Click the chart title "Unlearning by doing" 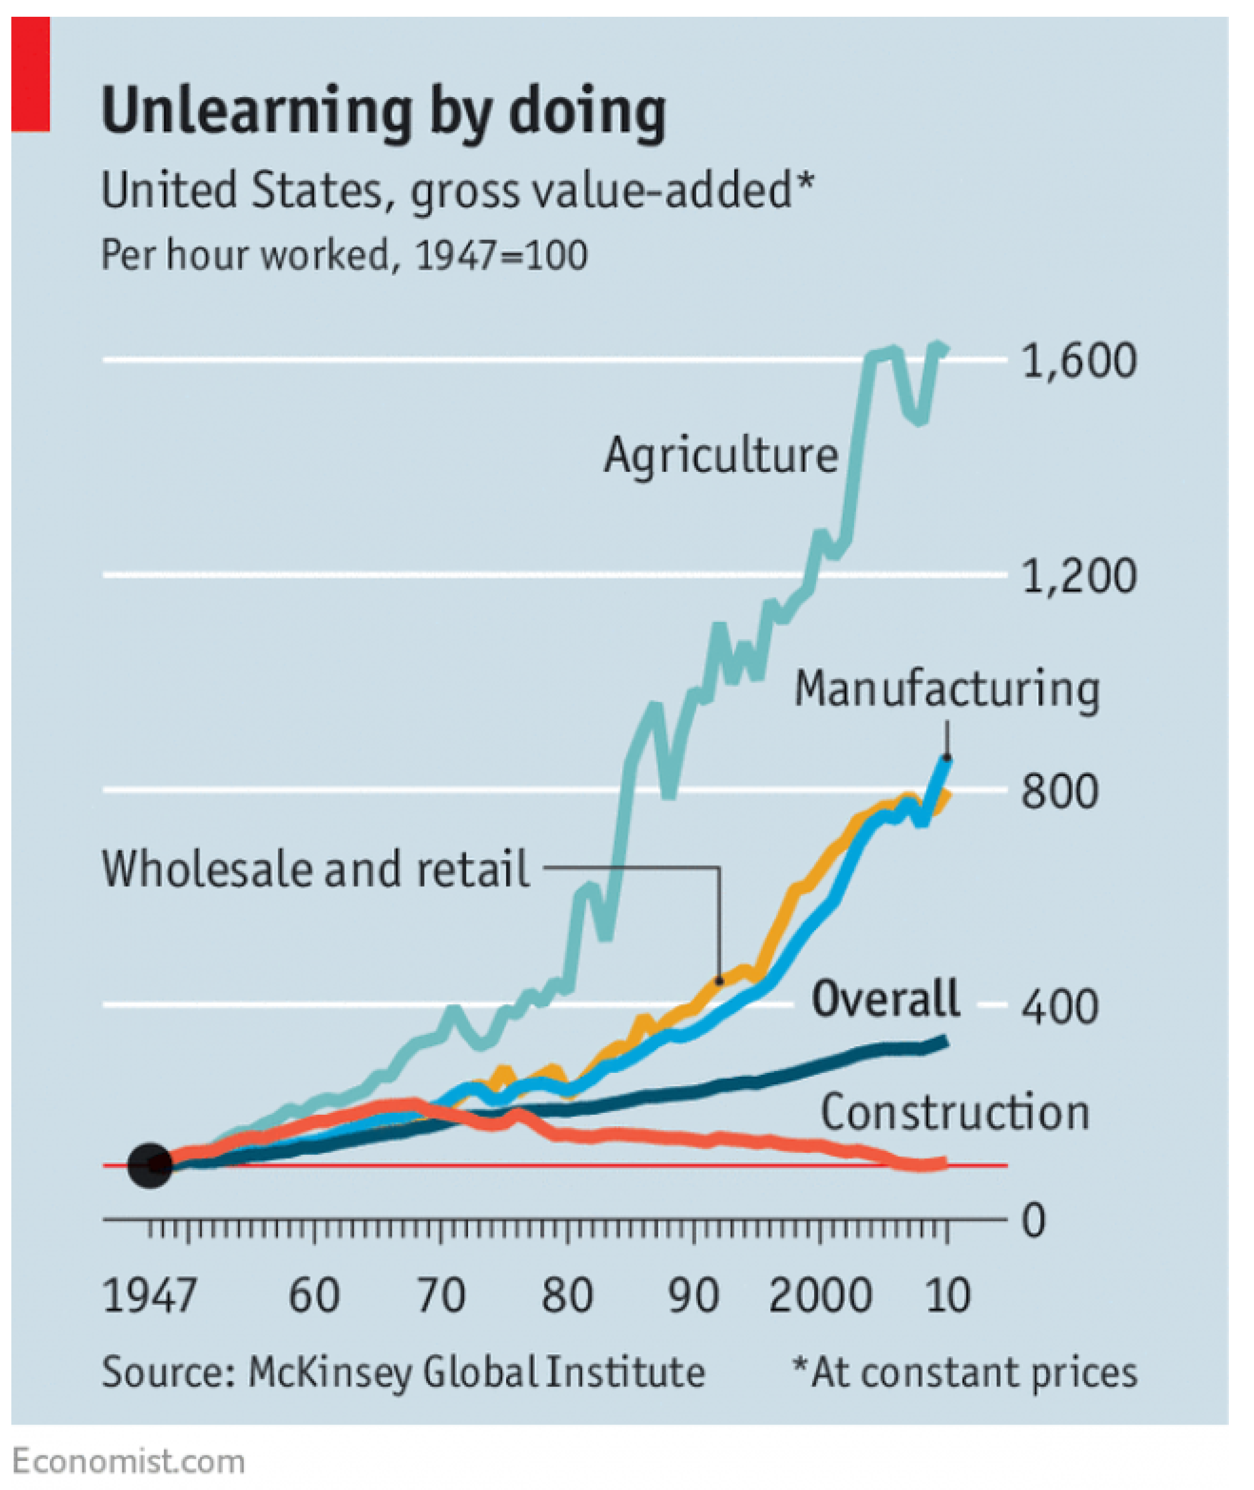pos(384,111)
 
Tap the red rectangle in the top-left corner pos(31,74)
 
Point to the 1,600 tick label pos(1079,361)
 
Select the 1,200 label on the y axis pos(1079,576)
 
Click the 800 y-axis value pos(1059,791)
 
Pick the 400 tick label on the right pos(1059,1007)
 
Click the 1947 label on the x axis pos(149,1296)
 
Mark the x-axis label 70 pos(441,1296)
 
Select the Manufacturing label pos(947,690)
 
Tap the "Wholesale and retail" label pos(316,869)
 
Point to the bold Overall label pos(886,998)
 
